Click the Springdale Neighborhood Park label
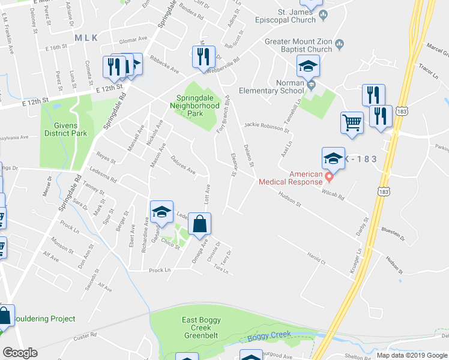pos(197,105)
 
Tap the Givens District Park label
pos(63,128)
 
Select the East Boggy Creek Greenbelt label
pos(205,324)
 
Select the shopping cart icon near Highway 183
pos(352,123)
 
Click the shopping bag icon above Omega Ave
pos(200,225)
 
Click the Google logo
pos(20,353)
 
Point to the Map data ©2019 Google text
pos(411,355)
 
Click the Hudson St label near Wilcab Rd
pos(290,199)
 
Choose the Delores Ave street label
pos(184,167)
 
